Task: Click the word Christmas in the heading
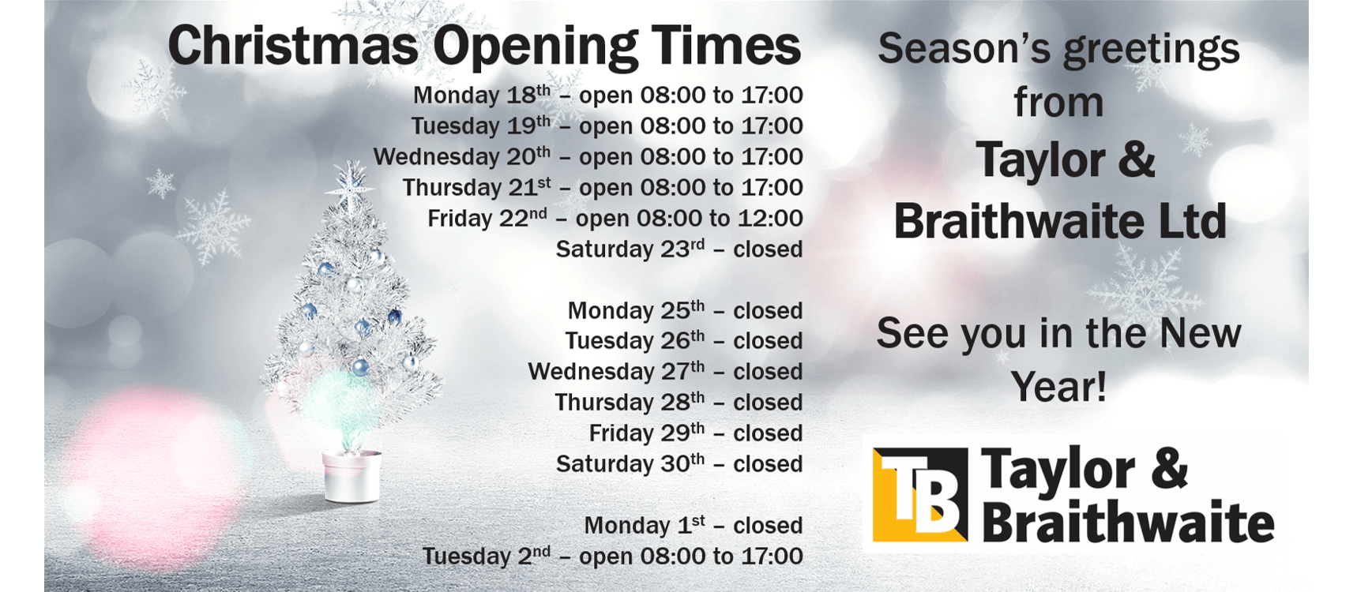[x=292, y=46]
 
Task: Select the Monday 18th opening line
[x=607, y=96]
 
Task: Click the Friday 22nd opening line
[x=615, y=218]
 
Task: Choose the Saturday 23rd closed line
[x=678, y=249]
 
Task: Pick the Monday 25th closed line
[x=685, y=310]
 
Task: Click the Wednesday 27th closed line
[x=665, y=371]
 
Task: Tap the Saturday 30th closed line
[x=678, y=463]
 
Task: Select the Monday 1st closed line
[x=693, y=525]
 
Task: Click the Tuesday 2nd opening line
[x=612, y=556]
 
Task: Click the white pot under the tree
[x=352, y=476]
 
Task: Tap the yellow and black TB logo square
[x=920, y=495]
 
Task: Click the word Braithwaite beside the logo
[x=1128, y=522]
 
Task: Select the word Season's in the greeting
[x=964, y=48]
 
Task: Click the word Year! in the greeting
[x=1058, y=387]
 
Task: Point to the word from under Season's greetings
[x=1058, y=103]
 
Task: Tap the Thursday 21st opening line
[x=603, y=188]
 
